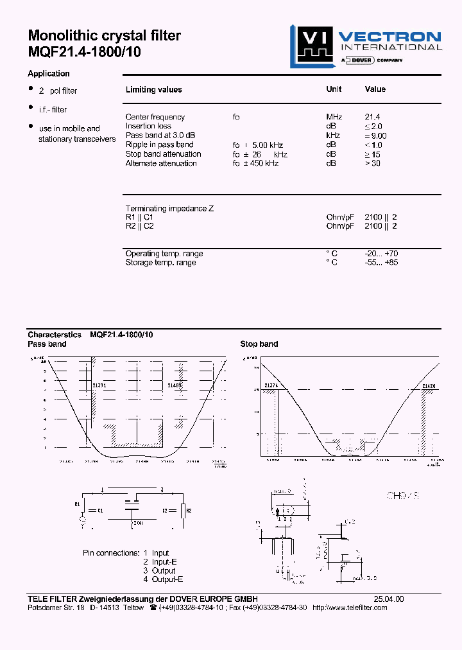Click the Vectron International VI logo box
point(309,45)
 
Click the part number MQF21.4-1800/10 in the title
point(84,53)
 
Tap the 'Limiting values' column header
point(153,90)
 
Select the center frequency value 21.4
point(372,117)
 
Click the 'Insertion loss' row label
point(148,126)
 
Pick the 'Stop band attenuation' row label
point(163,154)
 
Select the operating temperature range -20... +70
point(381,254)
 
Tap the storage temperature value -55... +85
point(381,263)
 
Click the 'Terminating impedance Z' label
point(169,209)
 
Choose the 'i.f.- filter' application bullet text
point(52,110)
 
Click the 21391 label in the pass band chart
point(99,385)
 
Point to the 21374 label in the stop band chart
point(271,385)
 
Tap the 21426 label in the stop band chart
point(429,385)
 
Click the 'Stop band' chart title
point(259,344)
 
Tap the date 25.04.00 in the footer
point(389,599)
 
